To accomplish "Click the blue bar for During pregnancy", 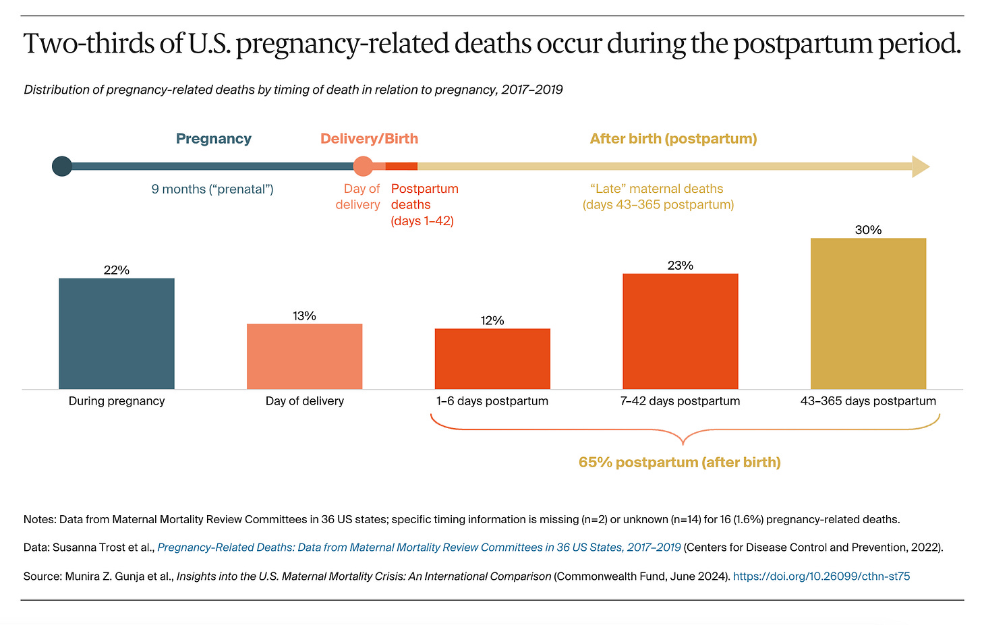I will pos(117,334).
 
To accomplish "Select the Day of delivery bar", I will pos(304,357).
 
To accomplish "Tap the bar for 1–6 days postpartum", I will pos(492,359).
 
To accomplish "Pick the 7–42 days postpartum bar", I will pos(680,331).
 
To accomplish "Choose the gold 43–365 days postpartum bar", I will pos(868,314).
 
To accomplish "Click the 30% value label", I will pos(868,230).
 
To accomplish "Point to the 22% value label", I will pos(117,270).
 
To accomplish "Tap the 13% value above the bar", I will pos(304,316).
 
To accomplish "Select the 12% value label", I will pos(492,320).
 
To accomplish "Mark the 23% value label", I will pos(680,266).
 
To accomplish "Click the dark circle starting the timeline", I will pos(62,166).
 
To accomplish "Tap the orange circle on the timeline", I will pos(363,166).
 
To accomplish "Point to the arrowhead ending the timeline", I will pos(921,166).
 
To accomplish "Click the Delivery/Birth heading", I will pos(369,139).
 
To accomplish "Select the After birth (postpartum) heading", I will pos(673,139).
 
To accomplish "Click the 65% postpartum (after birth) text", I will pos(679,463).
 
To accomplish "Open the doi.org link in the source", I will pos(821,576).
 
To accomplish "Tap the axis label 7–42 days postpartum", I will pos(680,401).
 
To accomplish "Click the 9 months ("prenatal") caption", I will pos(212,189).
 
